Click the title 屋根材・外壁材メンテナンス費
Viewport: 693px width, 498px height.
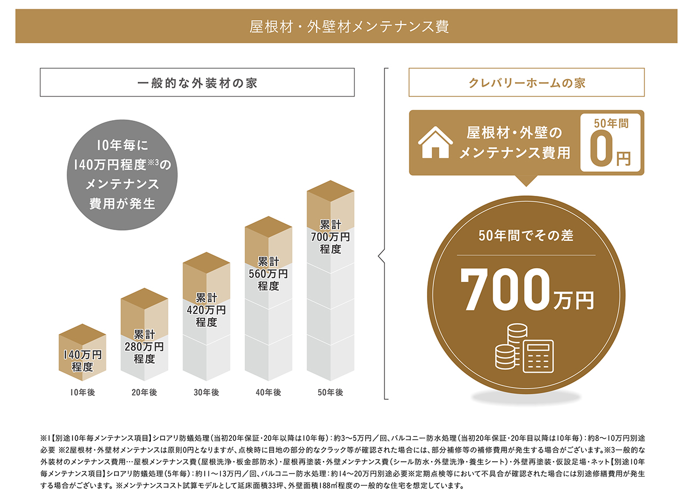[x=349, y=26]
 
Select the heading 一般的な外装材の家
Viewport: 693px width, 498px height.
[x=197, y=83]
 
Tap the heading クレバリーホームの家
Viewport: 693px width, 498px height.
[x=526, y=83]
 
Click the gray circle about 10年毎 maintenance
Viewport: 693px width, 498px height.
[x=122, y=174]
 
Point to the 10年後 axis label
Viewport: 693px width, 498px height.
[x=82, y=392]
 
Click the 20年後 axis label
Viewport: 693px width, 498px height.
[x=144, y=392]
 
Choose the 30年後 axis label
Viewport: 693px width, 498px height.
[x=206, y=392]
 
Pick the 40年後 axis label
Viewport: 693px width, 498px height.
[x=269, y=392]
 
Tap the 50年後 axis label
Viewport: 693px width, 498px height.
[x=331, y=392]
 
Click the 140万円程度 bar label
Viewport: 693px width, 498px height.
[x=82, y=361]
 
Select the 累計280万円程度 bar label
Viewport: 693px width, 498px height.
[x=144, y=346]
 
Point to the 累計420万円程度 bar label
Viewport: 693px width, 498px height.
[x=206, y=310]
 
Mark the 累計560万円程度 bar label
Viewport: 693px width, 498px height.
[x=269, y=274]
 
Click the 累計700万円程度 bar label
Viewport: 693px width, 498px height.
[x=331, y=237]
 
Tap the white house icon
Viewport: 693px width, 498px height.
[x=435, y=143]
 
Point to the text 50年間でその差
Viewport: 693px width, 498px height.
[x=526, y=235]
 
